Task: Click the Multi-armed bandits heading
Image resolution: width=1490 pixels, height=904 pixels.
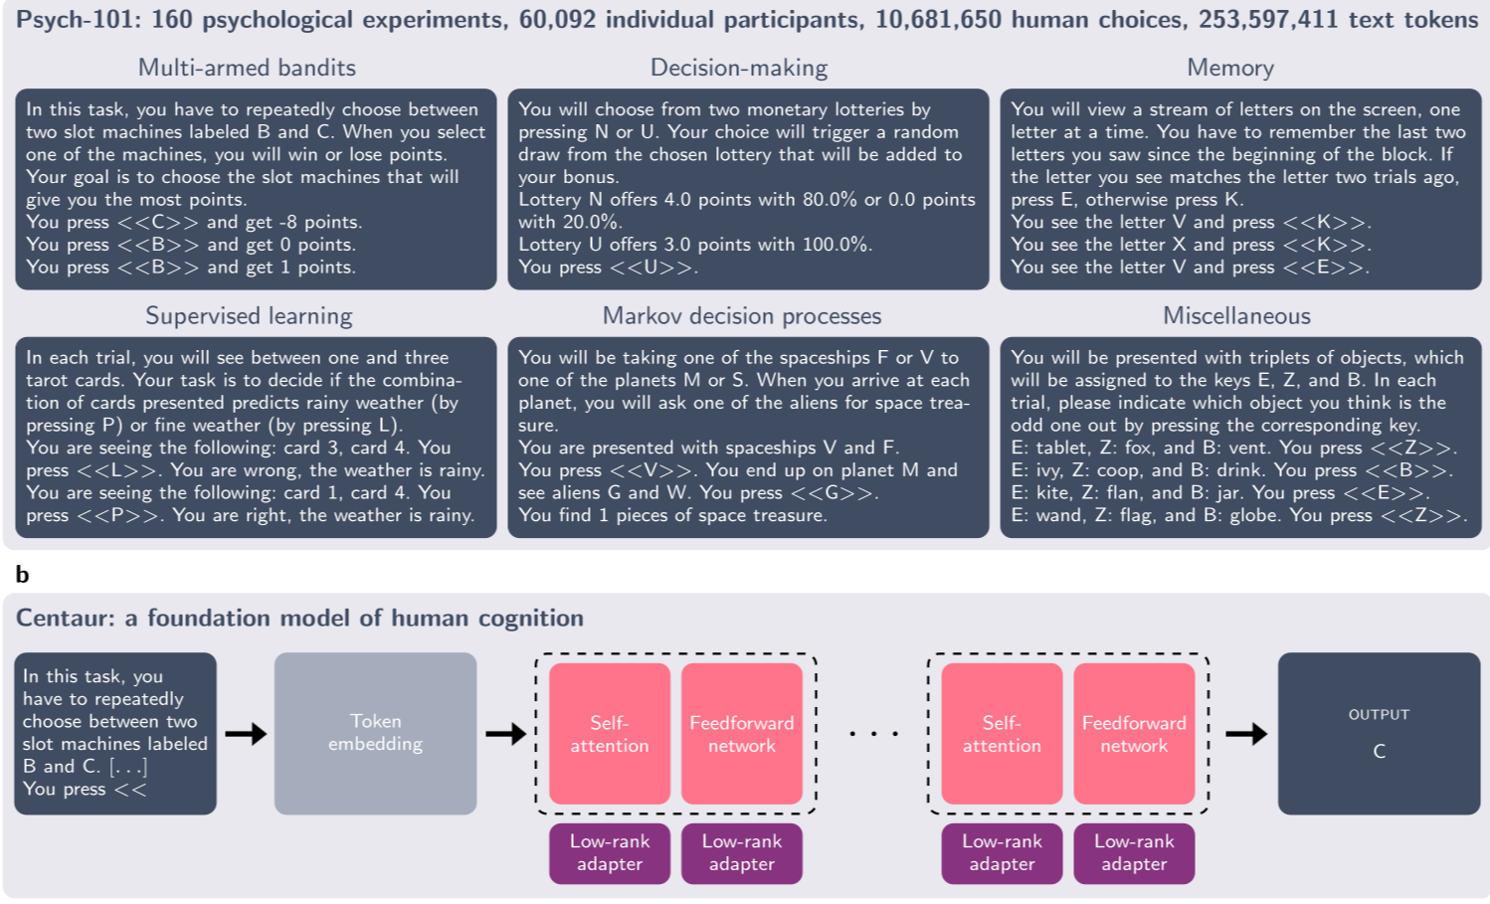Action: pyautogui.click(x=247, y=68)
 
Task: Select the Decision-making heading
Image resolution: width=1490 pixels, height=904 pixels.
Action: pyautogui.click(x=738, y=68)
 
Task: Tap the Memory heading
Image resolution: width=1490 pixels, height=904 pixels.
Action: pyautogui.click(x=1230, y=68)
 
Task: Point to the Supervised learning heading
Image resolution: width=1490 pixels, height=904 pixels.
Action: pyautogui.click(x=249, y=316)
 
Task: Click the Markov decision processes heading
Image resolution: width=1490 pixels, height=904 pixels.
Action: pyautogui.click(x=742, y=316)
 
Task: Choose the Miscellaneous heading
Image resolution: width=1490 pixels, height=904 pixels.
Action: pyautogui.click(x=1236, y=316)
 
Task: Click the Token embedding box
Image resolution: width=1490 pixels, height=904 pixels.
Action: pyautogui.click(x=376, y=733)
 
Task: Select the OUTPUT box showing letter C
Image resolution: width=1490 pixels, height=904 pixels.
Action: pyautogui.click(x=1379, y=733)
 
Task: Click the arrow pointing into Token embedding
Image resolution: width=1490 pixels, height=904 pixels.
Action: pyautogui.click(x=246, y=734)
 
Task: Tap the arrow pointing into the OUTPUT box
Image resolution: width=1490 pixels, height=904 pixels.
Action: pyautogui.click(x=1246, y=734)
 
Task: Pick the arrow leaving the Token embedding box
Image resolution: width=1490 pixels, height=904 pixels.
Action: pyautogui.click(x=506, y=734)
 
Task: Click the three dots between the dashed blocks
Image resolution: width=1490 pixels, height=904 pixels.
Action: pyautogui.click(x=874, y=734)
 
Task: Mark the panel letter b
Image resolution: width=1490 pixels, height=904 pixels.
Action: pyautogui.click(x=22, y=575)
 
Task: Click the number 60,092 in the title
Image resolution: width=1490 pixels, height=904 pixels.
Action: pyautogui.click(x=557, y=20)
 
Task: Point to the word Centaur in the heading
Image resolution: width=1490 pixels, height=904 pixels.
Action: pyautogui.click(x=66, y=618)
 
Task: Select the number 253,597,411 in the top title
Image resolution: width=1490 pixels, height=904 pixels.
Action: pyautogui.click(x=1268, y=20)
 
